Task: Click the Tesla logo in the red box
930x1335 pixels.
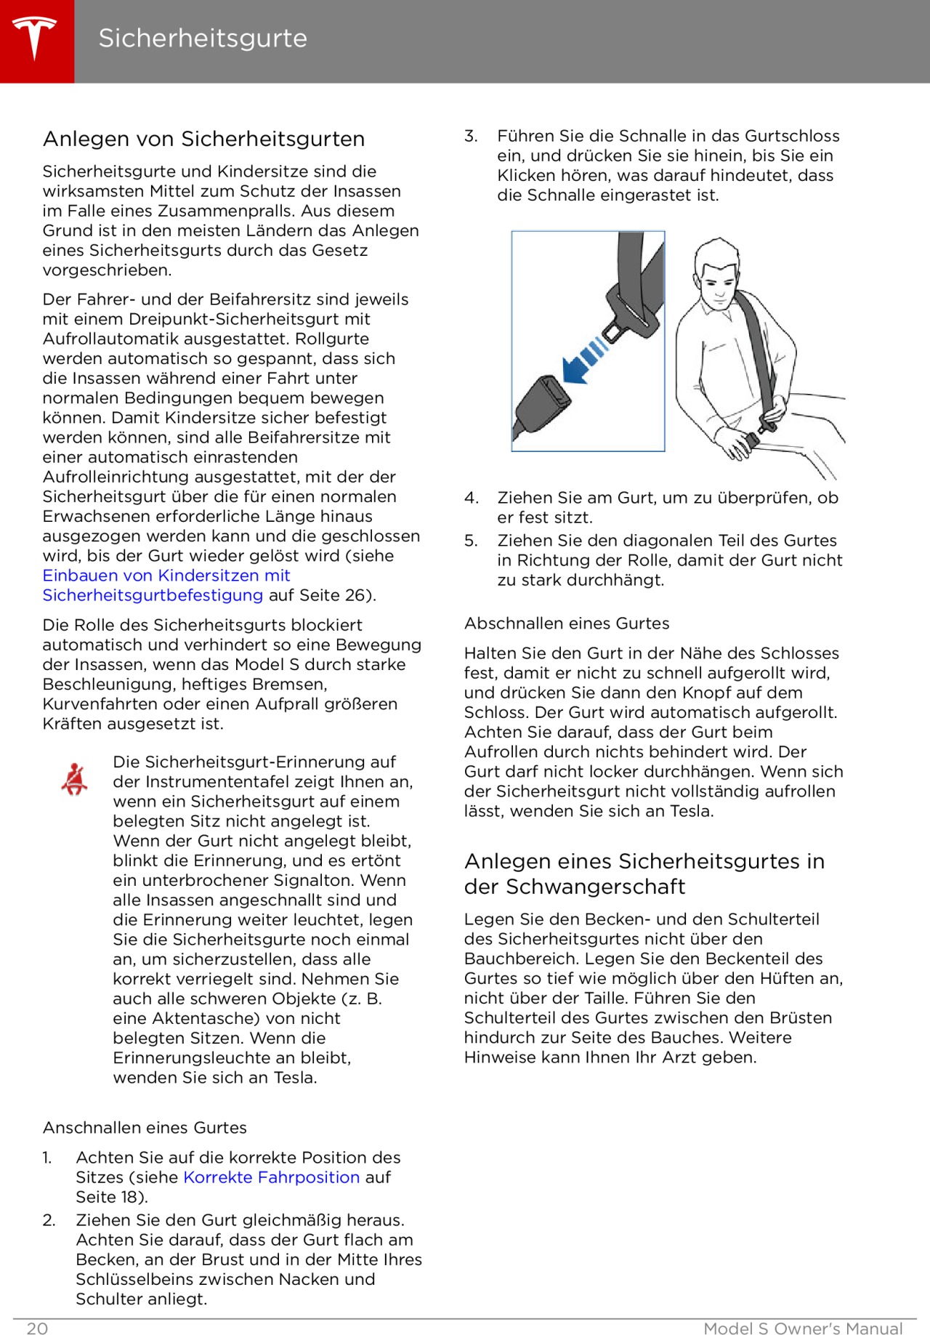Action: (x=35, y=39)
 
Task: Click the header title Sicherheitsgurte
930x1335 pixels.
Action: (x=203, y=39)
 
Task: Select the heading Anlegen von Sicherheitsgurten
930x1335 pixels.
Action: (x=203, y=139)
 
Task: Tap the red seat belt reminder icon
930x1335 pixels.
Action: (x=74, y=779)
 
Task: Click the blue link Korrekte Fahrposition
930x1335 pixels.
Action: (x=271, y=1177)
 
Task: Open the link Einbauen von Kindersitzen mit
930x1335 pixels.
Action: (x=166, y=576)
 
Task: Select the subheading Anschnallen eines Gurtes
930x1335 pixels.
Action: (x=145, y=1128)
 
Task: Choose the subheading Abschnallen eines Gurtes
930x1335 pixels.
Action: (x=567, y=624)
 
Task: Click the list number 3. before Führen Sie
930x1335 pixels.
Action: (x=471, y=136)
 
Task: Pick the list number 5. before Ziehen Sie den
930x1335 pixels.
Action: (x=471, y=541)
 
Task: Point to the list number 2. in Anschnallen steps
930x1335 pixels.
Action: (x=49, y=1220)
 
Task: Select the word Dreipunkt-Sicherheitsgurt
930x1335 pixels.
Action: (x=249, y=319)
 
